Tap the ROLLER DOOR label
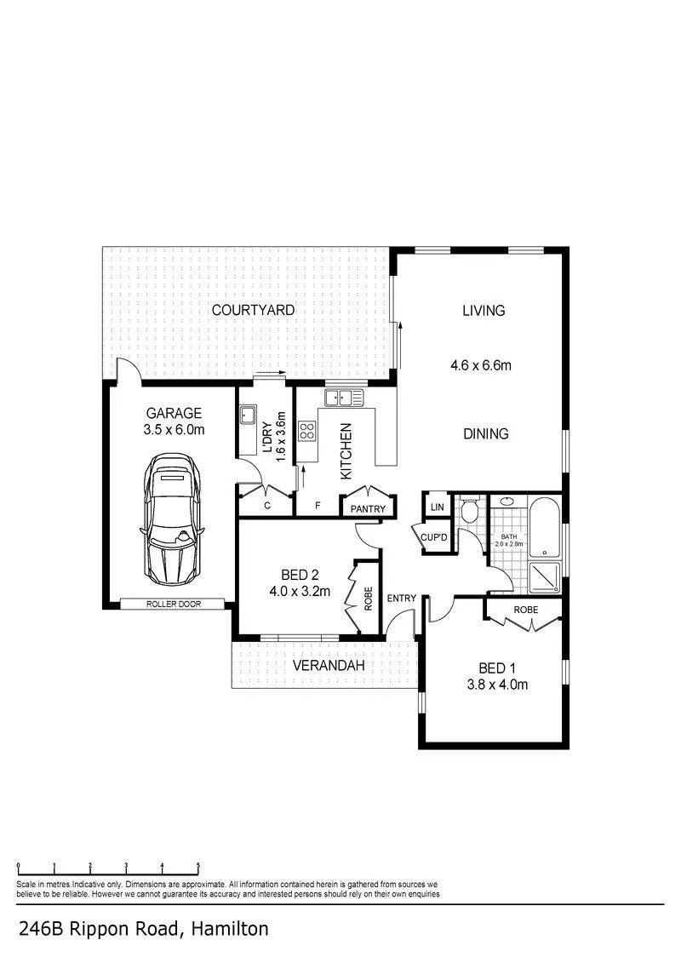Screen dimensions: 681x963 pyautogui.click(x=174, y=605)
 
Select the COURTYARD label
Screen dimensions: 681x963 pyautogui.click(x=253, y=310)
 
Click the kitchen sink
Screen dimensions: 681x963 pyautogui.click(x=345, y=398)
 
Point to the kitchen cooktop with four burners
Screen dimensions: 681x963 pyautogui.click(x=307, y=431)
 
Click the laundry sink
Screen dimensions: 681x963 pyautogui.click(x=248, y=416)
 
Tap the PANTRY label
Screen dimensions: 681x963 pyautogui.click(x=368, y=509)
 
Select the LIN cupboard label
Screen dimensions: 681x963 pyautogui.click(x=438, y=507)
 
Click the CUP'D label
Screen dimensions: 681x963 pyautogui.click(x=433, y=537)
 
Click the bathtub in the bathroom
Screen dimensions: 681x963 pyautogui.click(x=544, y=527)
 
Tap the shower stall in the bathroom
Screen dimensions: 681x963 pyautogui.click(x=544, y=578)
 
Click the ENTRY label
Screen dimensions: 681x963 pyautogui.click(x=402, y=599)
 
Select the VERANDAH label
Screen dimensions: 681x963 pyautogui.click(x=329, y=666)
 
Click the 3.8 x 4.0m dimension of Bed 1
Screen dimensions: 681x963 pyautogui.click(x=497, y=685)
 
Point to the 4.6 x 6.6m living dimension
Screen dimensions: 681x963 pyautogui.click(x=481, y=365)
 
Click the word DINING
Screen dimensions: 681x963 pyautogui.click(x=486, y=434)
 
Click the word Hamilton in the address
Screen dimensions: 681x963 pyautogui.click(x=230, y=928)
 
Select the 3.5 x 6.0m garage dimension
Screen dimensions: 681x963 pyautogui.click(x=174, y=430)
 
